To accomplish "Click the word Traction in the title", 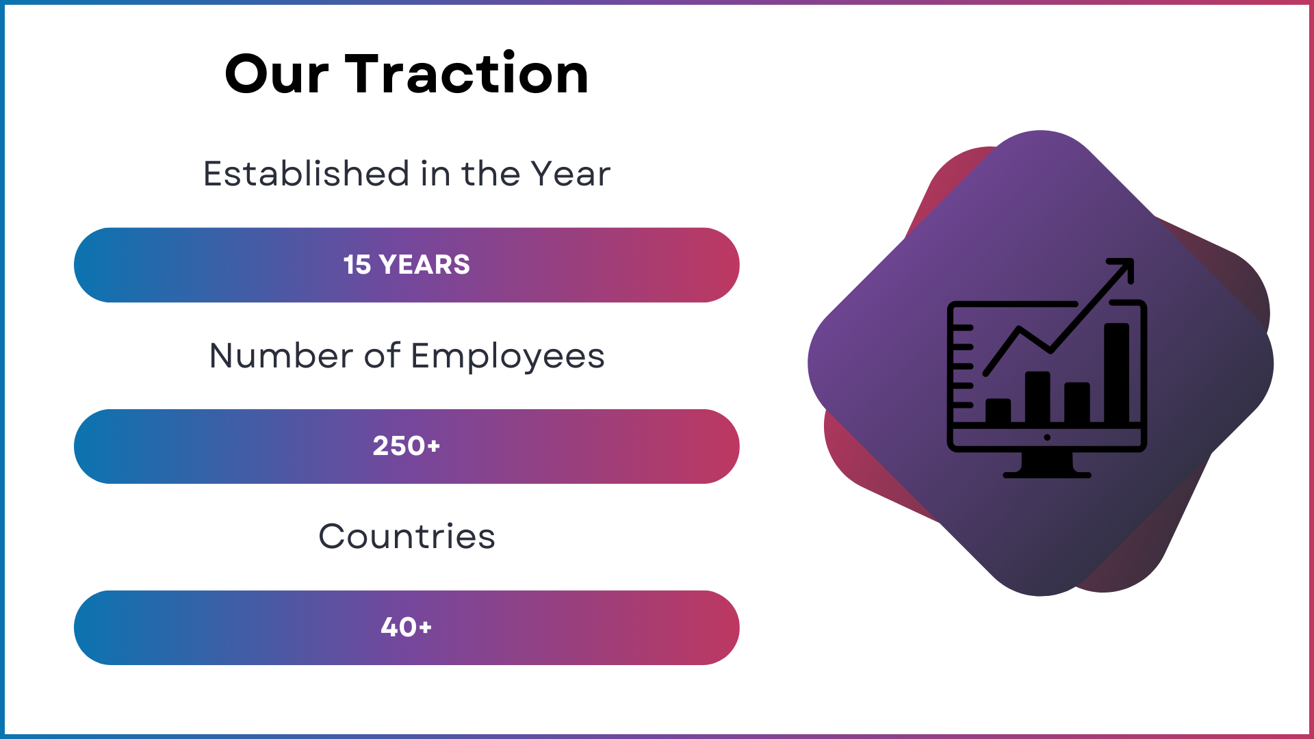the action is pyautogui.click(x=466, y=73).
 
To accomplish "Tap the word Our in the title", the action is pyautogui.click(x=276, y=74).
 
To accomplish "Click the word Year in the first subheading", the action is pyautogui.click(x=570, y=174).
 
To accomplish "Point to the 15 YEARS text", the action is pyautogui.click(x=407, y=265).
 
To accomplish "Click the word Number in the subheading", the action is pyautogui.click(x=281, y=356).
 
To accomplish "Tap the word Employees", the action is pyautogui.click(x=508, y=356).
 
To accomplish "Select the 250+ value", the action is pyautogui.click(x=407, y=446).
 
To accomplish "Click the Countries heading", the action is pyautogui.click(x=407, y=536).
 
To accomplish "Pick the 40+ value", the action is pyautogui.click(x=407, y=627).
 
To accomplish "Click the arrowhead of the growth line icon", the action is pyautogui.click(x=1122, y=270).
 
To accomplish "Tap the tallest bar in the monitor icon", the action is pyautogui.click(x=1117, y=373).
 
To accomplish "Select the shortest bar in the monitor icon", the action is pyautogui.click(x=998, y=411).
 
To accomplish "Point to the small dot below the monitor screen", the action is pyautogui.click(x=1047, y=437).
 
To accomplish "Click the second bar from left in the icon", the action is pyautogui.click(x=1038, y=398).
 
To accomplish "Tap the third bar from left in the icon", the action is pyautogui.click(x=1077, y=403).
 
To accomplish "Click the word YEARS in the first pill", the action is pyautogui.click(x=424, y=265).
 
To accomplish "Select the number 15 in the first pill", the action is pyautogui.click(x=357, y=265).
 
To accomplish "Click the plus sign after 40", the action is pyautogui.click(x=426, y=627).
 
